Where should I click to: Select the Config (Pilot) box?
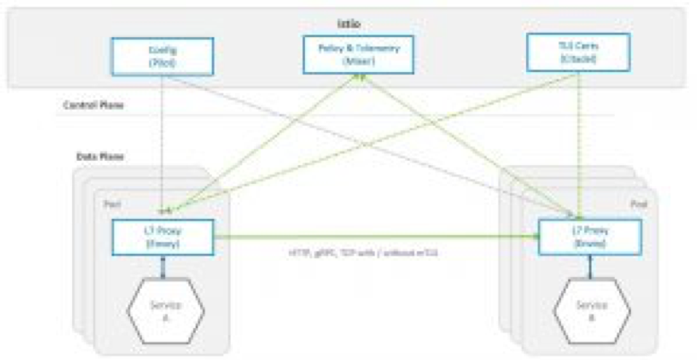(x=162, y=56)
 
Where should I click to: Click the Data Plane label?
(x=99, y=156)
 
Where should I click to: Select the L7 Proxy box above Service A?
(x=162, y=237)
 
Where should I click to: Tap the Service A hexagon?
(x=163, y=309)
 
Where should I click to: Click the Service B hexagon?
(x=590, y=309)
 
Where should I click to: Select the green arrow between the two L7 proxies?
(x=375, y=237)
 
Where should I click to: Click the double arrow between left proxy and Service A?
(x=163, y=268)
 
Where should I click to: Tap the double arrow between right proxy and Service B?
(x=590, y=268)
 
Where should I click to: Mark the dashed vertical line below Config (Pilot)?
(x=162, y=138)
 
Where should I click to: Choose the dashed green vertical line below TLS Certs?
(x=578, y=138)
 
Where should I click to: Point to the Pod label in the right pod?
(x=639, y=206)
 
